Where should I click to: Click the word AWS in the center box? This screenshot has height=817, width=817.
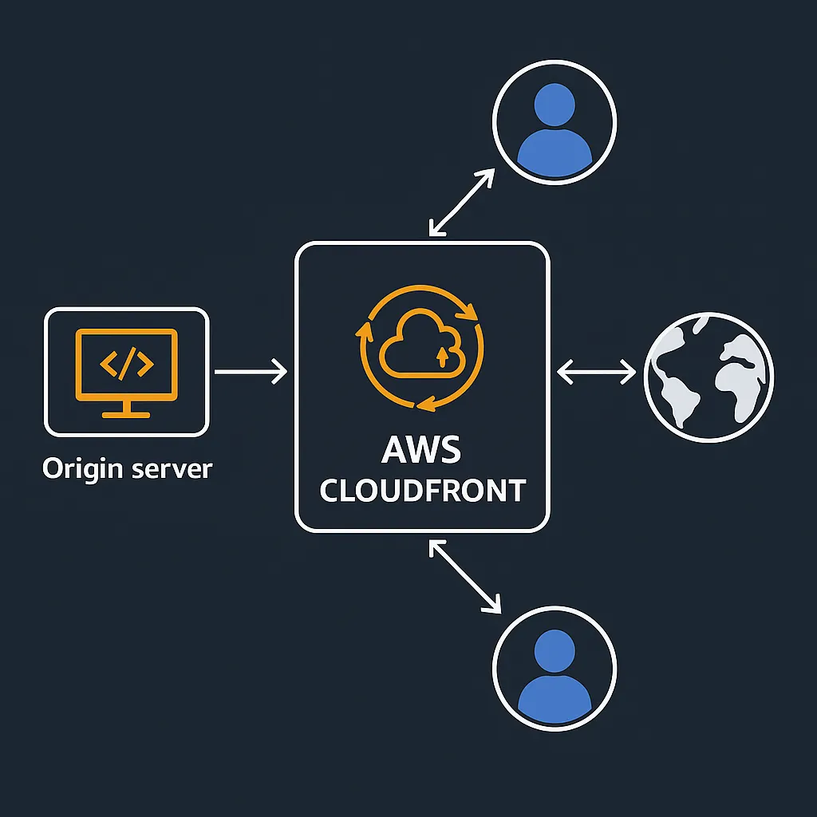click(421, 450)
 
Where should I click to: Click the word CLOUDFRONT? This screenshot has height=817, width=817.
click(422, 490)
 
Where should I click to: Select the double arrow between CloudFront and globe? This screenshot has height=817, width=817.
click(596, 371)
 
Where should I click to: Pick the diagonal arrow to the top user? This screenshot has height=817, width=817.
click(461, 203)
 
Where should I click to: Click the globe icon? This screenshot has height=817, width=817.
click(708, 371)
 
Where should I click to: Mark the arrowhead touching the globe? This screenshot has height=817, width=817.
click(630, 371)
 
